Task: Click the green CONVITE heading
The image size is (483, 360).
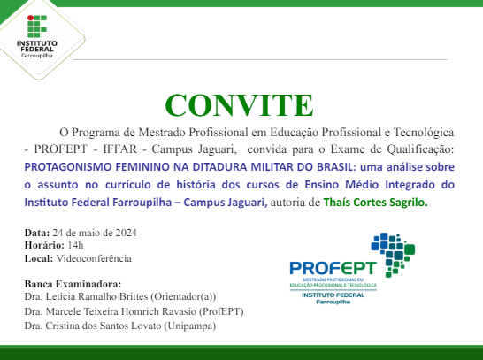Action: tap(240, 104)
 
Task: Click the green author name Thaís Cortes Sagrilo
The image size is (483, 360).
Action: tap(375, 203)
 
